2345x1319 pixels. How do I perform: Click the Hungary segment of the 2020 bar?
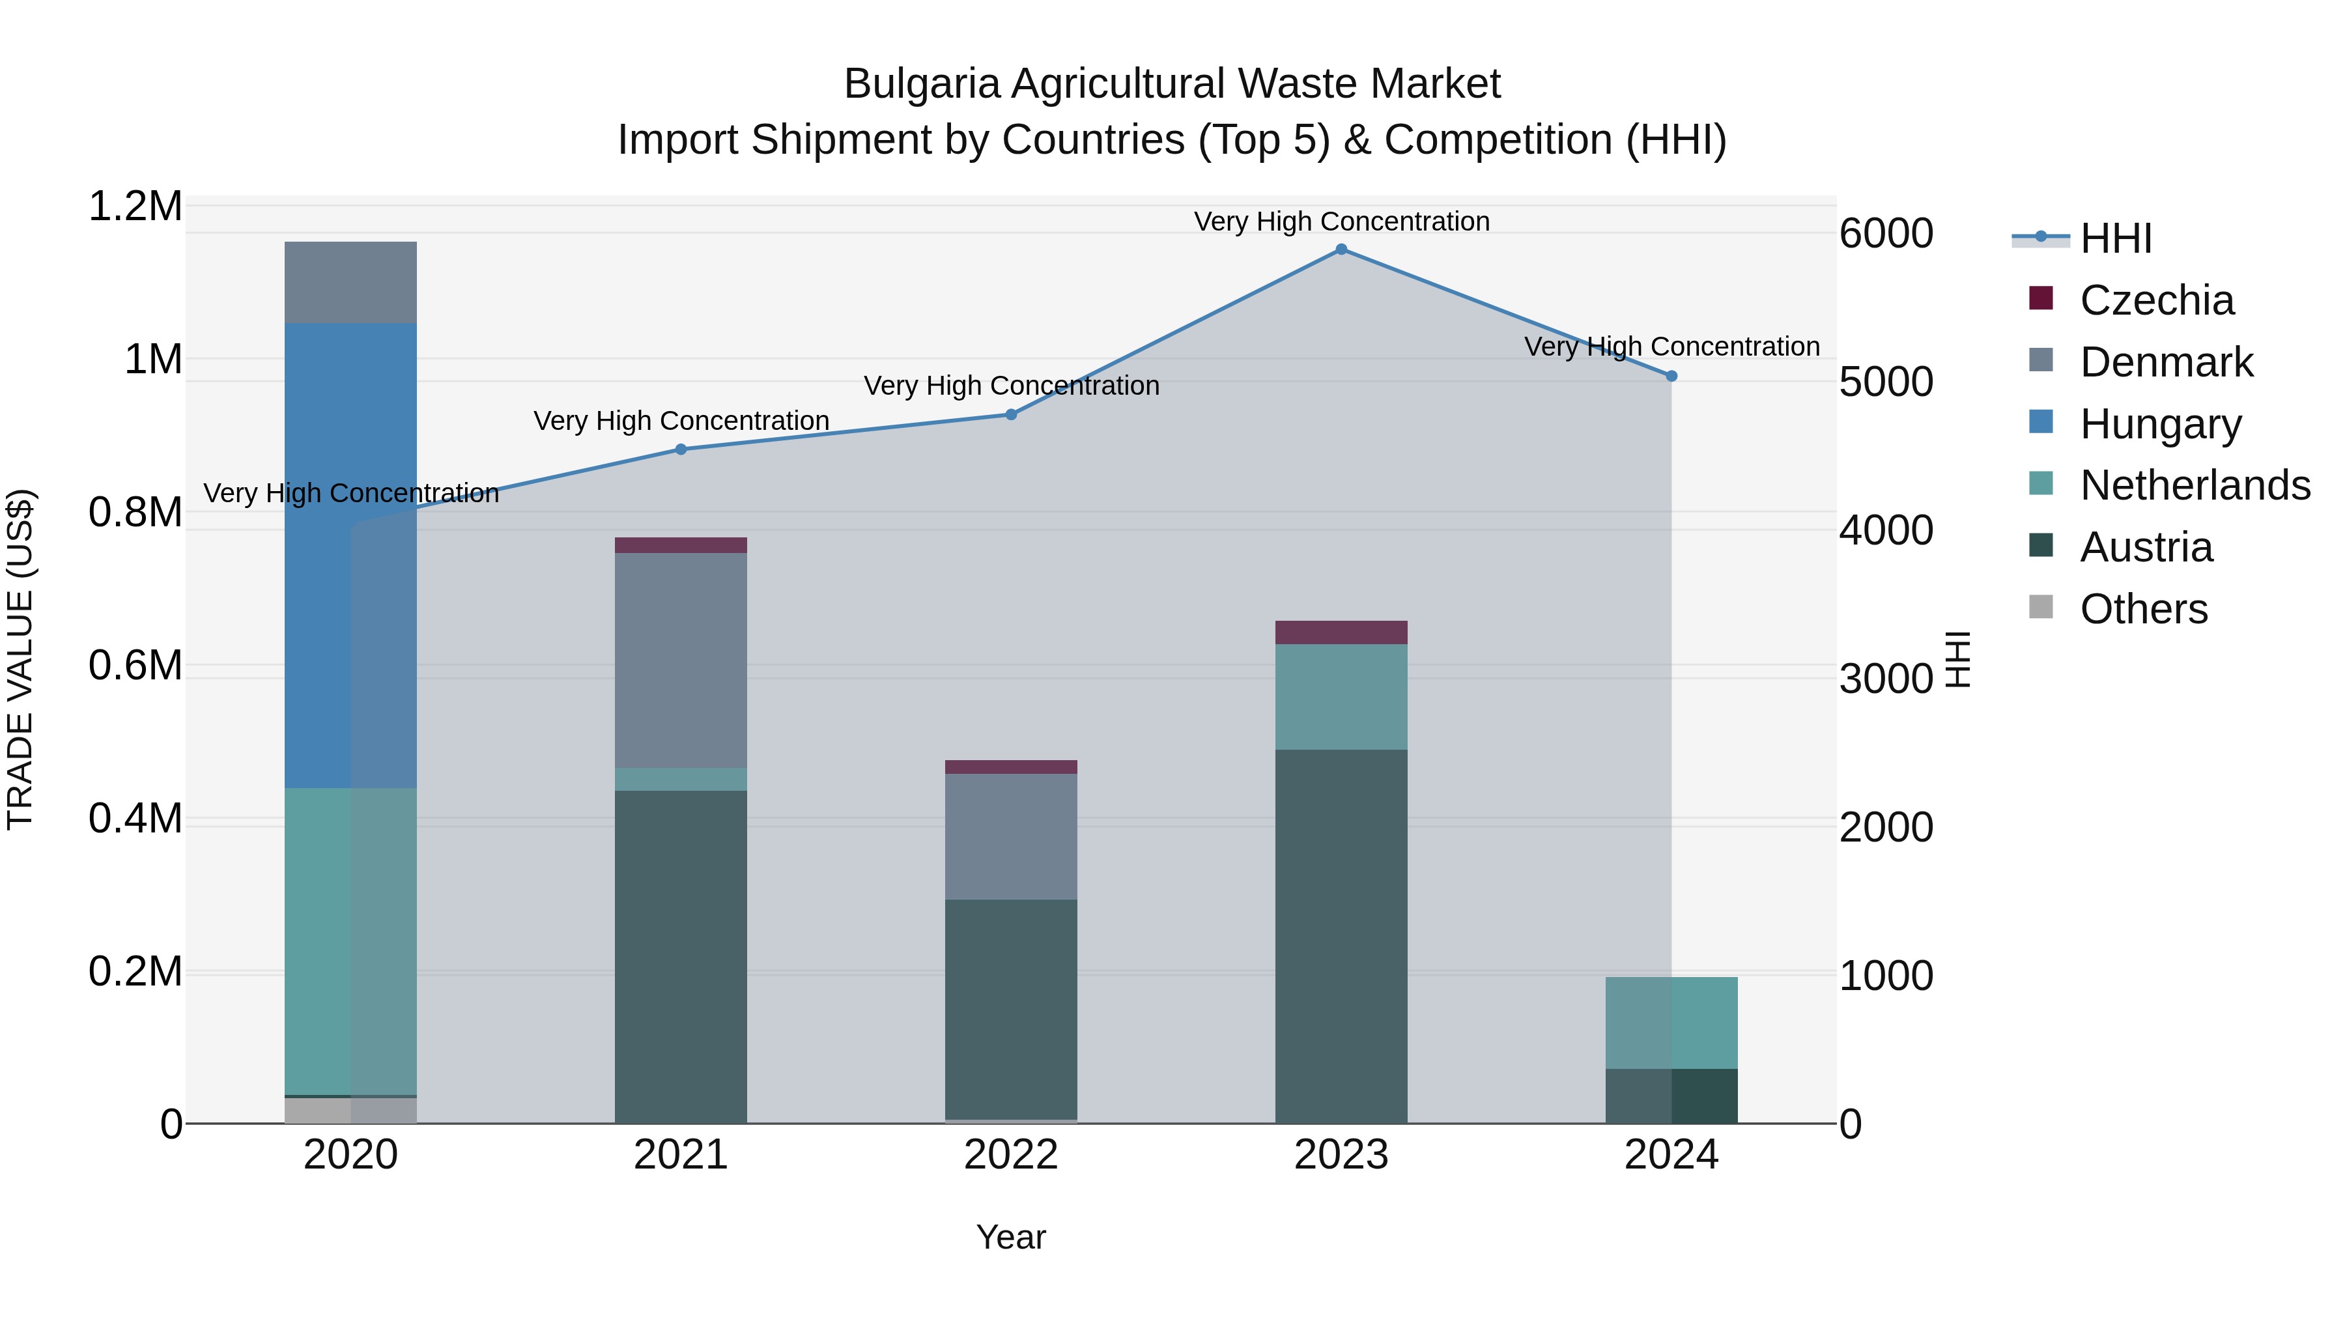[x=350, y=555]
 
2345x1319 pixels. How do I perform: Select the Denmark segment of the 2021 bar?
[x=681, y=660]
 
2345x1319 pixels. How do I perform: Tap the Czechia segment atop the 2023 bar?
[x=1341, y=632]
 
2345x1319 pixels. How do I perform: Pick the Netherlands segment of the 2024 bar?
[x=1671, y=1022]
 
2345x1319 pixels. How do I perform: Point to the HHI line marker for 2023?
[x=1341, y=249]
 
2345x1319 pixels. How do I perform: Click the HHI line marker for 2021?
[x=681, y=449]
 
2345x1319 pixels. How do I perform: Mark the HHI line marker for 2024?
[x=1671, y=376]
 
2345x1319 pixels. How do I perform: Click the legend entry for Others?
[x=2143, y=609]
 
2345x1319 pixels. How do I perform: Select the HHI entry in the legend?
[x=2114, y=238]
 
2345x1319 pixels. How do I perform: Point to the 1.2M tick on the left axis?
[x=135, y=206]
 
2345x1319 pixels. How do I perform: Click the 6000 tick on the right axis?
[x=1886, y=233]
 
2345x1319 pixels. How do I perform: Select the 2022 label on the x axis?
[x=1010, y=1155]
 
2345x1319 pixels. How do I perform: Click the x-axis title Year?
[x=1010, y=1237]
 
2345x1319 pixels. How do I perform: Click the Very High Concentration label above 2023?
[x=1341, y=221]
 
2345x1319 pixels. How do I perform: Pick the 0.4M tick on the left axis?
[x=135, y=818]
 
